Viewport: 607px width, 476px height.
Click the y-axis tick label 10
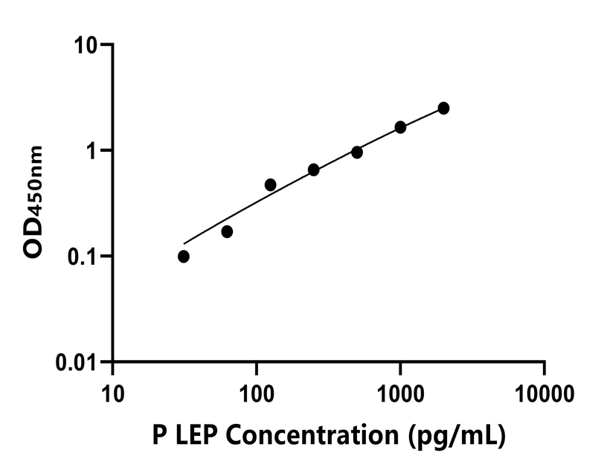[89, 45]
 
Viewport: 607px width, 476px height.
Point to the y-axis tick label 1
[95, 150]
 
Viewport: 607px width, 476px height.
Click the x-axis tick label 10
[112, 391]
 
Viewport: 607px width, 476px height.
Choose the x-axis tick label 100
[257, 391]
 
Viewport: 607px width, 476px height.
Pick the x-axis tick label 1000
[400, 391]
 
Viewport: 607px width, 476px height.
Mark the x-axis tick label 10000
[544, 391]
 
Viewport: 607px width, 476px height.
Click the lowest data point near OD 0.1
[184, 257]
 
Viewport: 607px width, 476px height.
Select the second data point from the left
[227, 231]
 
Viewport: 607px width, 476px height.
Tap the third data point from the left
[270, 184]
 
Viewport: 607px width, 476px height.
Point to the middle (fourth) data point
[313, 170]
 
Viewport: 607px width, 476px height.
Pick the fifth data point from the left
[357, 152]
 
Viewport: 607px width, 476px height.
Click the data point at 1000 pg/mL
[400, 127]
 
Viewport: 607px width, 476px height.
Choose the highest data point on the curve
[443, 108]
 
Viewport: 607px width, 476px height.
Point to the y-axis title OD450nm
[33, 202]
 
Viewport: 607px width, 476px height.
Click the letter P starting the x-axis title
[158, 436]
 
